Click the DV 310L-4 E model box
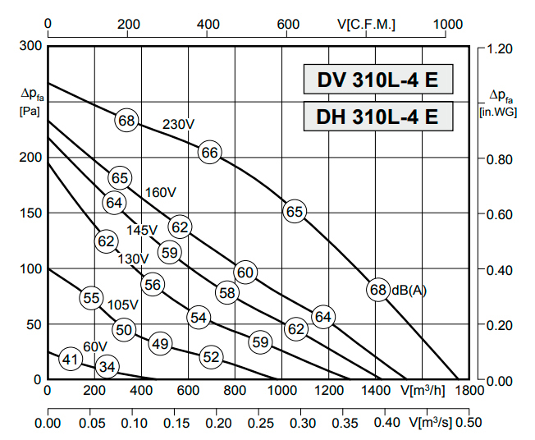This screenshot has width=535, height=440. pyautogui.click(x=378, y=80)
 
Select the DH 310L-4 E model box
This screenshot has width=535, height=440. pyautogui.click(x=378, y=116)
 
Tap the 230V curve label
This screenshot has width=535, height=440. pyautogui.click(x=178, y=125)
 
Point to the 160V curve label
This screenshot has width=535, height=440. pyautogui.click(x=161, y=192)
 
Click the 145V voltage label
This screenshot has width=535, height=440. pyautogui.click(x=142, y=230)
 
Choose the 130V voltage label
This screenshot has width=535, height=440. pyautogui.click(x=133, y=259)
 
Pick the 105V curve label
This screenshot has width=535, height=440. pyautogui.click(x=122, y=305)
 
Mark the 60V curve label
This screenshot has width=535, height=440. pyautogui.click(x=95, y=346)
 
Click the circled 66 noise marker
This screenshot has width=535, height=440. pyautogui.click(x=209, y=152)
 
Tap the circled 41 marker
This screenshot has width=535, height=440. pyautogui.click(x=71, y=359)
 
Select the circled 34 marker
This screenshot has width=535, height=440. pyautogui.click(x=107, y=366)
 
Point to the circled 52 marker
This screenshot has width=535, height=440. pyautogui.click(x=211, y=357)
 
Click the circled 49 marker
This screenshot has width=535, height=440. pyautogui.click(x=160, y=344)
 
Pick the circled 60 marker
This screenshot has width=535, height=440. pyautogui.click(x=245, y=273)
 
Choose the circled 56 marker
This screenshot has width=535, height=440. pyautogui.click(x=152, y=285)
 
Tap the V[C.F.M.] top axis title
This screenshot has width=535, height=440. pyautogui.click(x=366, y=25)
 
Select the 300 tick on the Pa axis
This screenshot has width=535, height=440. pyautogui.click(x=30, y=45)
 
